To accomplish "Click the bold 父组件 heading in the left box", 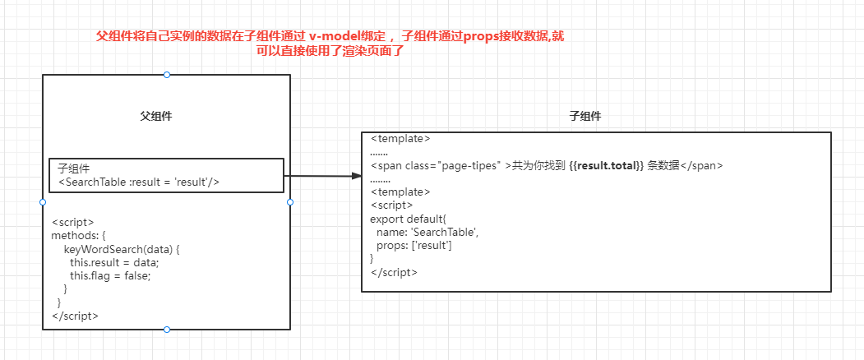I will point(155,117).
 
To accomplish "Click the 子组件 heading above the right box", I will point(584,117).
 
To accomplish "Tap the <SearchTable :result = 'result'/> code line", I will point(139,182).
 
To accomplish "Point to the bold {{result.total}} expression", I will point(606,165).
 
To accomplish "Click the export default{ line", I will point(408,219).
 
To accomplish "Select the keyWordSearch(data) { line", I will point(122,248).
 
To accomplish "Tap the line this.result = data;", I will point(114,262).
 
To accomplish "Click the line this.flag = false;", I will point(111,275).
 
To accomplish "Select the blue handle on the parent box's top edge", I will point(167,75).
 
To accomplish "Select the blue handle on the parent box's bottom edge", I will point(167,330).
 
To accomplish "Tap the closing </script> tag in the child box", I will point(394,272).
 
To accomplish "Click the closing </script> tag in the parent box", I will point(75,316).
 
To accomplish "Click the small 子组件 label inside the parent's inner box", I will point(74,168).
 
